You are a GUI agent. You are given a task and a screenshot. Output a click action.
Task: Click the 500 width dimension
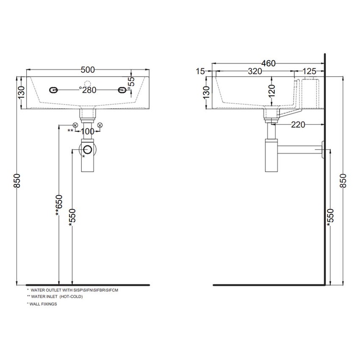(x=88, y=69)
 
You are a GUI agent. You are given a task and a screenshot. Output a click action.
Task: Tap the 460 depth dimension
(x=269, y=63)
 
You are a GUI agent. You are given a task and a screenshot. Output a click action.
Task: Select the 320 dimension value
(x=255, y=72)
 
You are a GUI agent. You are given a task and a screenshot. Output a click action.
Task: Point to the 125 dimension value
(x=309, y=72)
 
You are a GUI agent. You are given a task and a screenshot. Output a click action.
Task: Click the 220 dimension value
(x=298, y=125)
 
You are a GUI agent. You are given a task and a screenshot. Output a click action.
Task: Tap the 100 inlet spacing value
(x=88, y=131)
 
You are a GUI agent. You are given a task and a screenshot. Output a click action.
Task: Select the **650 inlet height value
(x=59, y=205)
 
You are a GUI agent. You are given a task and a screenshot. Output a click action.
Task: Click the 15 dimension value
(x=200, y=72)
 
